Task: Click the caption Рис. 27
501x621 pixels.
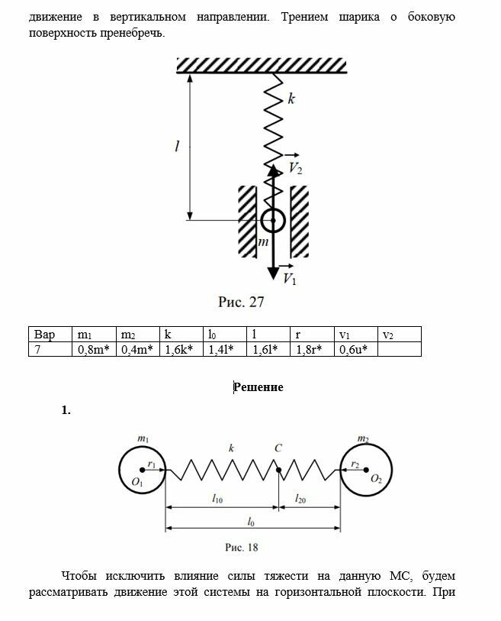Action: (241, 302)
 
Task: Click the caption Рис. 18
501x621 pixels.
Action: (242, 547)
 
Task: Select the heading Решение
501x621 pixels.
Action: (259, 387)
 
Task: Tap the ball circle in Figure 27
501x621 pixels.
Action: (272, 221)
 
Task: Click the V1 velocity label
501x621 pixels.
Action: (290, 279)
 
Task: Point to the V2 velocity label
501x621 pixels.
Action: (295, 169)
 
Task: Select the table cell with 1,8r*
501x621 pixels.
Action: (311, 350)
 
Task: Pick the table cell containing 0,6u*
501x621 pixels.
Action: (355, 350)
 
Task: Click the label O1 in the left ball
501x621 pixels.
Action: (137, 482)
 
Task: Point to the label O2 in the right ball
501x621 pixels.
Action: (376, 480)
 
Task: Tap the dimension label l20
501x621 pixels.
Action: (302, 498)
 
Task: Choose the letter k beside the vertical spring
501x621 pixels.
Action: (291, 99)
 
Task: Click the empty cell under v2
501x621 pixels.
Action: (399, 350)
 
